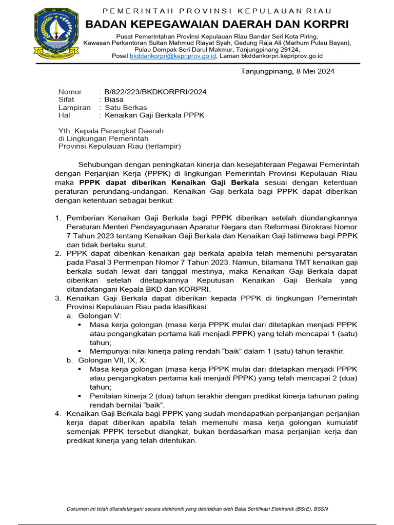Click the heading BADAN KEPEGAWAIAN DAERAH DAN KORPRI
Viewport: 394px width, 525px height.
[216, 24]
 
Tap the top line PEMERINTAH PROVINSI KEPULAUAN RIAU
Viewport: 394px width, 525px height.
[217, 11]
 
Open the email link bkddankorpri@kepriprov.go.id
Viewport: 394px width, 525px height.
[173, 56]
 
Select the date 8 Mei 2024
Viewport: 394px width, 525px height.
[312, 71]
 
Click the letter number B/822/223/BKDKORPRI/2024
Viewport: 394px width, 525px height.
[155, 92]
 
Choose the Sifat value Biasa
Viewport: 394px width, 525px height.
[114, 99]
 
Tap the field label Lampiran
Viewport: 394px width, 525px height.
[74, 108]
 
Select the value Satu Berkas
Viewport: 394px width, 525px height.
[126, 108]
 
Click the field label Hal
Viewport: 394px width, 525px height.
[64, 115]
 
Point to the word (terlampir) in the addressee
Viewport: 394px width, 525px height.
[163, 146]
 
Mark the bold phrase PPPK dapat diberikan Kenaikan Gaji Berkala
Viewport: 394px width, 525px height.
[169, 183]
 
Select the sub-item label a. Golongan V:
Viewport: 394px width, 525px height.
[94, 316]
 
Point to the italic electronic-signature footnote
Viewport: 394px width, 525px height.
[198, 509]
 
